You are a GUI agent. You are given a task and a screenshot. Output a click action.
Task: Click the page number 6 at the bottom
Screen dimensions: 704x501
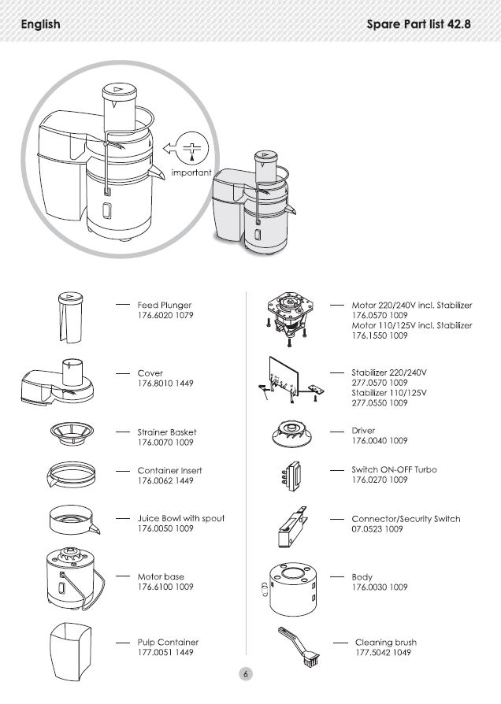246,674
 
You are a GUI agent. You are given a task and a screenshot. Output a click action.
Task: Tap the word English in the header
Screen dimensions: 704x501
41,24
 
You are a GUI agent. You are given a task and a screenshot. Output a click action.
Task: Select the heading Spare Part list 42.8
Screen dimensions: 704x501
418,24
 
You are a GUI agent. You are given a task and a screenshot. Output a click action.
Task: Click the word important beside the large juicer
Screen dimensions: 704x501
191,172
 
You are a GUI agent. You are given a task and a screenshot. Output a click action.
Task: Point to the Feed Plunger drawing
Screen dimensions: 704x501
69,317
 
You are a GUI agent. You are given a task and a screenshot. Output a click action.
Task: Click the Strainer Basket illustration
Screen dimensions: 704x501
71,434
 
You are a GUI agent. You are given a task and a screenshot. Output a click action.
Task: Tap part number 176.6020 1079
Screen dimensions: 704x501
165,315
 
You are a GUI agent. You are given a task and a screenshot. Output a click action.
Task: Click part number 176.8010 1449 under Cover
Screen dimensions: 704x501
165,383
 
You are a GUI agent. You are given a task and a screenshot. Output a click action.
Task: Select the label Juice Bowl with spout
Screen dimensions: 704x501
181,518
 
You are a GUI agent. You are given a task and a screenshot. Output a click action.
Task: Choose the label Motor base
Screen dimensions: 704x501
161,576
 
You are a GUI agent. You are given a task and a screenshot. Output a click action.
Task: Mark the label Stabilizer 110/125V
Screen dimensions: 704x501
389,392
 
